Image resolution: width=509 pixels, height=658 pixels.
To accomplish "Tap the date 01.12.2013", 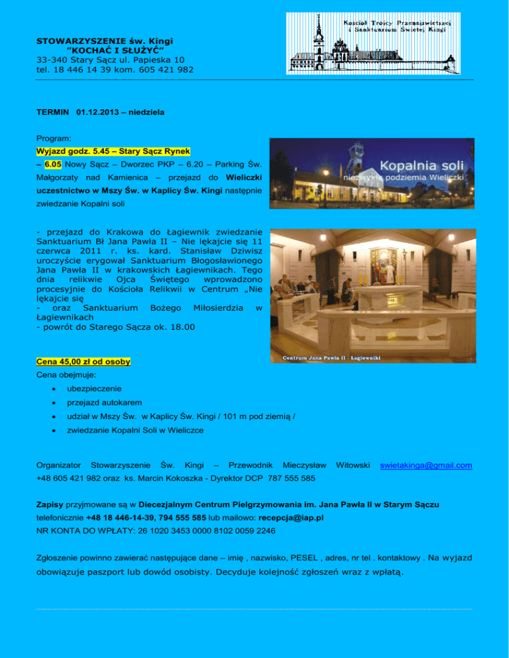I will pos(99,113).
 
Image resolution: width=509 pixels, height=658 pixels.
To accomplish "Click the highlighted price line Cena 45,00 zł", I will pos(84,362).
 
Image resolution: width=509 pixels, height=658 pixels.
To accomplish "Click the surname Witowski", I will pos(353,466).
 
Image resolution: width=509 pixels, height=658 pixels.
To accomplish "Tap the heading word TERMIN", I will pos(53,113).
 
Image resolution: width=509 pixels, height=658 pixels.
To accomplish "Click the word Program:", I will pos(54,140).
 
